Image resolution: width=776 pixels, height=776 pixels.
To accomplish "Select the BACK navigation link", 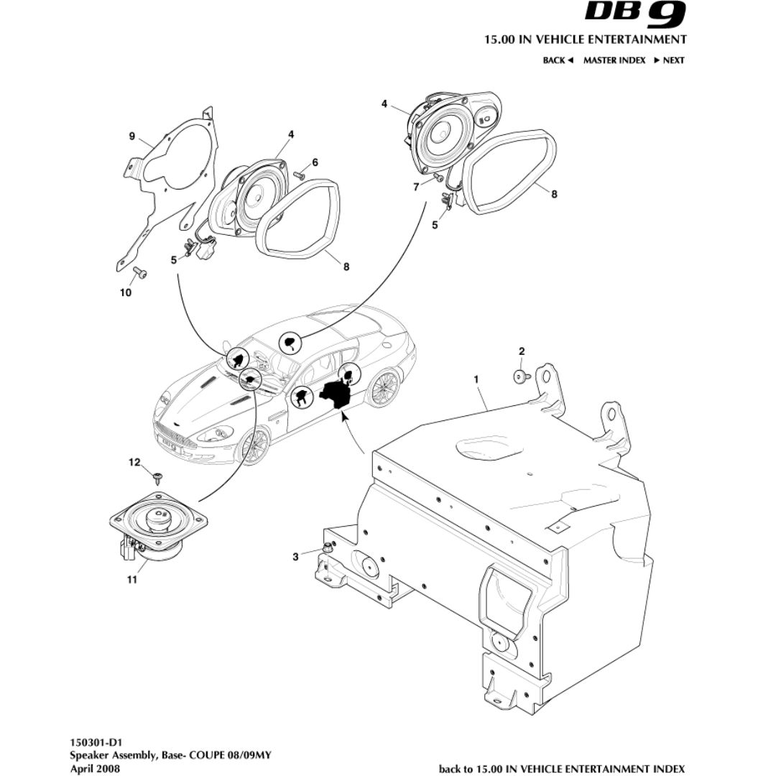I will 557,60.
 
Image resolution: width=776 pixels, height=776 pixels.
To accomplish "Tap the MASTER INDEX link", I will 614,60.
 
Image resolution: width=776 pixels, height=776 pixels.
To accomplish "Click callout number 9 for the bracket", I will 131,136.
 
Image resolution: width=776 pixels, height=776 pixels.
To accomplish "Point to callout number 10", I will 126,292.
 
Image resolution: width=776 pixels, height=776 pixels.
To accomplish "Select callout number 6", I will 314,162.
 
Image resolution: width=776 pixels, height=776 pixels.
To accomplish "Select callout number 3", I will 295,556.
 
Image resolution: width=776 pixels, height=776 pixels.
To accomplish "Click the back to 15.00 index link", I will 561,768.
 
